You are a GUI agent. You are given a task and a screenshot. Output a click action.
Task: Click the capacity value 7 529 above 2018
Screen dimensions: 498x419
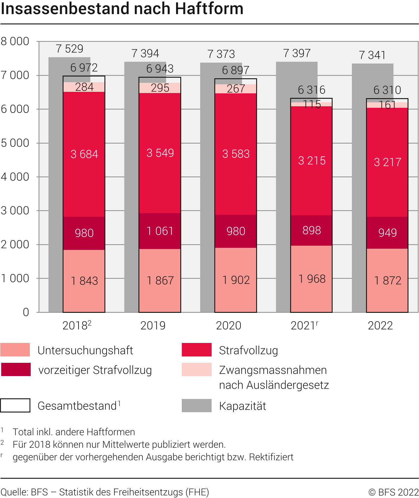(70, 49)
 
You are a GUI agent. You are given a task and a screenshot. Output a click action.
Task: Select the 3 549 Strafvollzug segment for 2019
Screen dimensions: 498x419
(160, 153)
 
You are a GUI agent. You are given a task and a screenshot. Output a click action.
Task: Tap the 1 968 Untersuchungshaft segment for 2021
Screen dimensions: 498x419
(312, 279)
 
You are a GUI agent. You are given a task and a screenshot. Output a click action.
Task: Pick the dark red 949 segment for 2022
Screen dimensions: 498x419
(387, 232)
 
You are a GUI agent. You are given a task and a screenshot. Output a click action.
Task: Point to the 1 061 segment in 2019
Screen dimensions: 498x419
(160, 231)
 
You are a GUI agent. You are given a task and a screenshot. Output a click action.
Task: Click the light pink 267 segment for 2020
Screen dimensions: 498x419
(236, 89)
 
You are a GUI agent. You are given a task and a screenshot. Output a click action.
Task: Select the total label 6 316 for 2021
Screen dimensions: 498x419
(312, 90)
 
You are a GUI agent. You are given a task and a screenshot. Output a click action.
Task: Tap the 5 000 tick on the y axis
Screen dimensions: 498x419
(15, 143)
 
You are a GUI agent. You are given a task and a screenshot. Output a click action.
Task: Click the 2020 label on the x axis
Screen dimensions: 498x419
(228, 325)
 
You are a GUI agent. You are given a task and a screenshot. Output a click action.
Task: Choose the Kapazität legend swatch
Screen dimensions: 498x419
(197, 406)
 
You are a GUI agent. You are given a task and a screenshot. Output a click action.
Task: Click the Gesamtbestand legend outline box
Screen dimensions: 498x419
(15, 405)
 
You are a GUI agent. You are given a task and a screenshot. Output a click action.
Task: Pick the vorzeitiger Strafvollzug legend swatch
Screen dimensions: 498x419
(16, 369)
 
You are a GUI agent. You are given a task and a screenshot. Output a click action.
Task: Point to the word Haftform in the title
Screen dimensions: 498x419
(209, 8)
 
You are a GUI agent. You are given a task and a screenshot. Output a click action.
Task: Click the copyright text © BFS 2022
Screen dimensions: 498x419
(393, 492)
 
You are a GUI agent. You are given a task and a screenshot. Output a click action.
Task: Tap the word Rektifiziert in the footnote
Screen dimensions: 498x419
(271, 457)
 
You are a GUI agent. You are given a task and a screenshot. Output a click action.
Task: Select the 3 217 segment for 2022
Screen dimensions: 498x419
(387, 162)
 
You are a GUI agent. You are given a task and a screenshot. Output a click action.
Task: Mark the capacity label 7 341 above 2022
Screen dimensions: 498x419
(372, 55)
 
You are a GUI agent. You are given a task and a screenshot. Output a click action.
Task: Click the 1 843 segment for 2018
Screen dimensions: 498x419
(84, 281)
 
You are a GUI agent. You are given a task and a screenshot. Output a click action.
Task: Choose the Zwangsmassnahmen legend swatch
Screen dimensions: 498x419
(197, 369)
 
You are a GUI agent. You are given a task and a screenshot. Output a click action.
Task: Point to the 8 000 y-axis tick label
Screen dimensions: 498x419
(15, 41)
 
